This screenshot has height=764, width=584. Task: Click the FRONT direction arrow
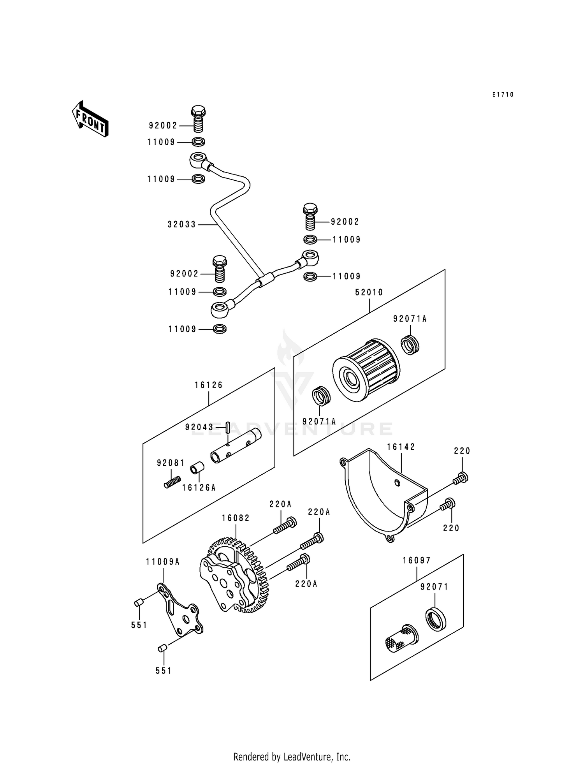click(90, 118)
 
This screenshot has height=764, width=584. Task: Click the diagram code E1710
click(503, 95)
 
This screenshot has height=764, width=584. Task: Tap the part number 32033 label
click(182, 224)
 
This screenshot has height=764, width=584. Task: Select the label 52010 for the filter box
click(369, 292)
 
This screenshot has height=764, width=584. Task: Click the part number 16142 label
click(401, 447)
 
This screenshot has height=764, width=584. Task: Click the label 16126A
click(199, 488)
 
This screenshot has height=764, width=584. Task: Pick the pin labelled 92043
click(228, 427)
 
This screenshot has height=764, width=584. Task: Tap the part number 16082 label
click(236, 518)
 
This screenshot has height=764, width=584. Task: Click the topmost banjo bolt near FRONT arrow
click(198, 119)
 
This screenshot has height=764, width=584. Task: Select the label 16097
click(417, 560)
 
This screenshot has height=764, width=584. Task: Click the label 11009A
click(163, 562)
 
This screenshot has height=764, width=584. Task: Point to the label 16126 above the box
click(209, 385)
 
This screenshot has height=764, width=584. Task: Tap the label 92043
click(199, 427)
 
